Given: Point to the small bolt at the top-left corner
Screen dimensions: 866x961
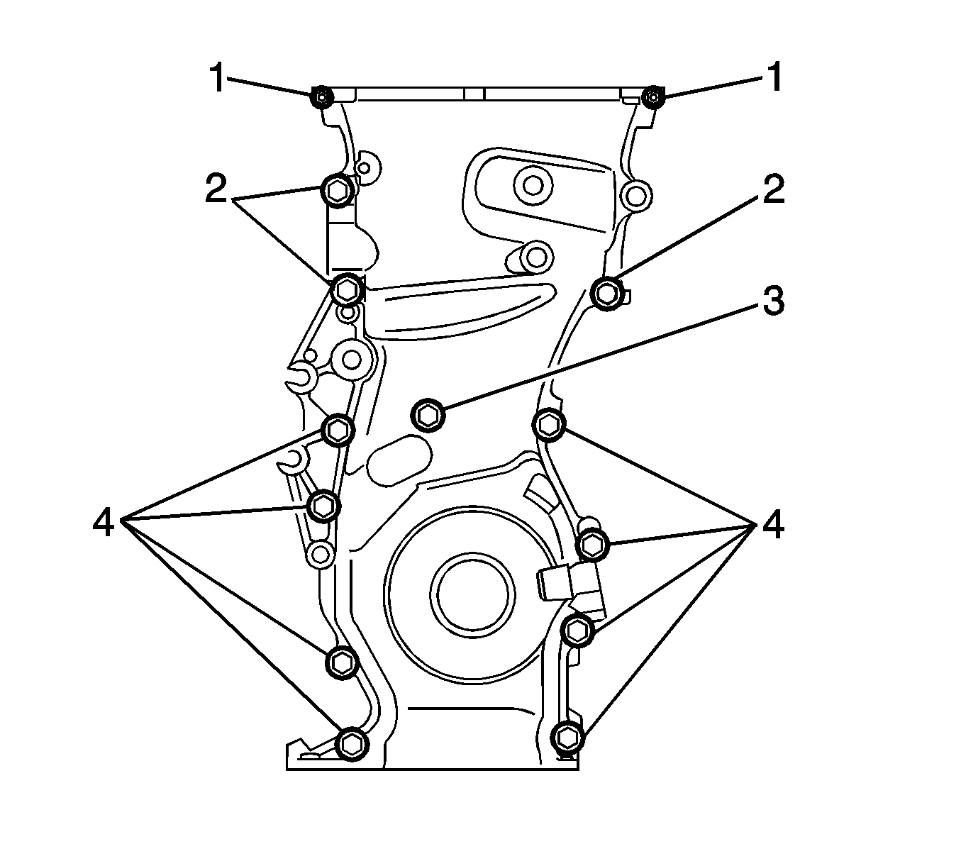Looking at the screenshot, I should [321, 96].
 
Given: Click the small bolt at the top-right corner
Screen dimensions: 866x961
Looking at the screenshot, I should [652, 95].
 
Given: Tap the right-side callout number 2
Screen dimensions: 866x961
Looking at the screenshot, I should [772, 190].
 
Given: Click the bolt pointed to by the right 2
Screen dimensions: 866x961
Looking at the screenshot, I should [606, 292].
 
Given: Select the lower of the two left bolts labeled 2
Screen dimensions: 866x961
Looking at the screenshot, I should [347, 288].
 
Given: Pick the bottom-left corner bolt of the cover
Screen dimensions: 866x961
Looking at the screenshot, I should [350, 743].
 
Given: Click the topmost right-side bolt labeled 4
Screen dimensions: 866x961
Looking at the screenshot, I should [549, 425].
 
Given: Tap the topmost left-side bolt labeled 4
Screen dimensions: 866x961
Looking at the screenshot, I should [338, 429].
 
